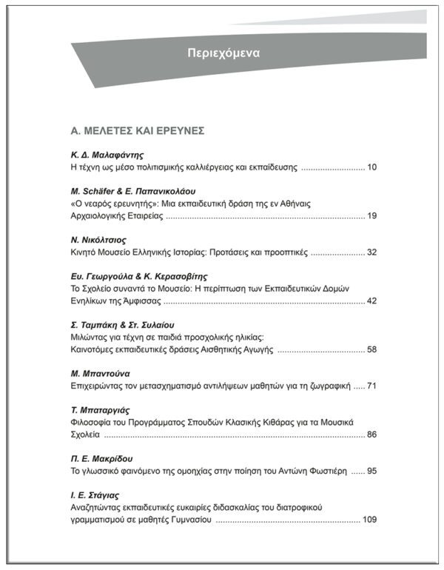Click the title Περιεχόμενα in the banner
(223, 53)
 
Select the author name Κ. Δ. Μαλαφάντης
(101, 155)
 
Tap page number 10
(371, 167)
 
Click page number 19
(371, 216)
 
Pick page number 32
(371, 252)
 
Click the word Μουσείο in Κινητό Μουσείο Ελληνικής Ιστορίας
(121, 252)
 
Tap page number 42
(371, 301)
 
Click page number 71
(371, 386)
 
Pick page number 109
(369, 519)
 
